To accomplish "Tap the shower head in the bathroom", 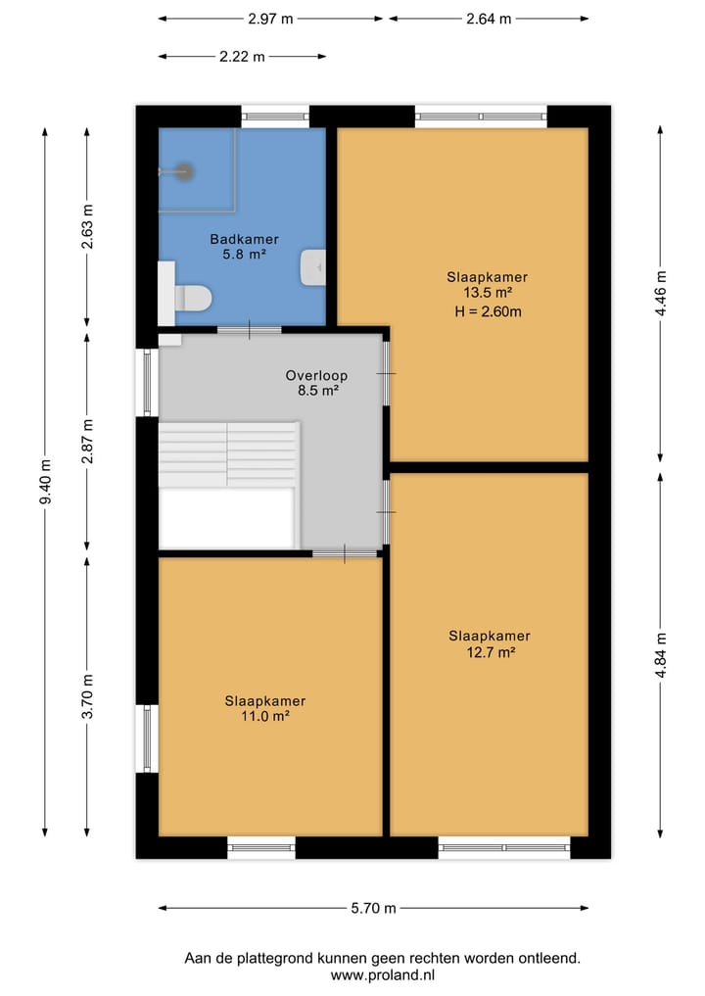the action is tap(184, 171).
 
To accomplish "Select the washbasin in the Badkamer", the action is tap(313, 267).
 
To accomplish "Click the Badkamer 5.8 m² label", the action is tap(245, 247).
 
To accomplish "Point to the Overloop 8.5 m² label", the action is tap(316, 382).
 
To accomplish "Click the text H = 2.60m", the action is tap(488, 311).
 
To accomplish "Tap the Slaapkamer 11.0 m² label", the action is tap(264, 708).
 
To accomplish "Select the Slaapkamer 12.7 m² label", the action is tap(490, 643).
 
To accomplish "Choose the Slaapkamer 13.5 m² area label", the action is tap(488, 285).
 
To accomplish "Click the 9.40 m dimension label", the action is tap(45, 482).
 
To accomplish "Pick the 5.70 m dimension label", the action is tap(373, 908).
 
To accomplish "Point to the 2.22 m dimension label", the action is tap(242, 57).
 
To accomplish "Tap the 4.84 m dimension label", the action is tap(661, 655).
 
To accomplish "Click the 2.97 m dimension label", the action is tap(270, 19).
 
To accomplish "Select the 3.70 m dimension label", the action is tap(88, 696).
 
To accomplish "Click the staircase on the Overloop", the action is tap(229, 454).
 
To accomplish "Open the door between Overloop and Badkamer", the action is tap(250, 330).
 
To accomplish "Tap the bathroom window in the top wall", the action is tap(275, 117).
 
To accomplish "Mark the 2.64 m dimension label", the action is tap(489, 19).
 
